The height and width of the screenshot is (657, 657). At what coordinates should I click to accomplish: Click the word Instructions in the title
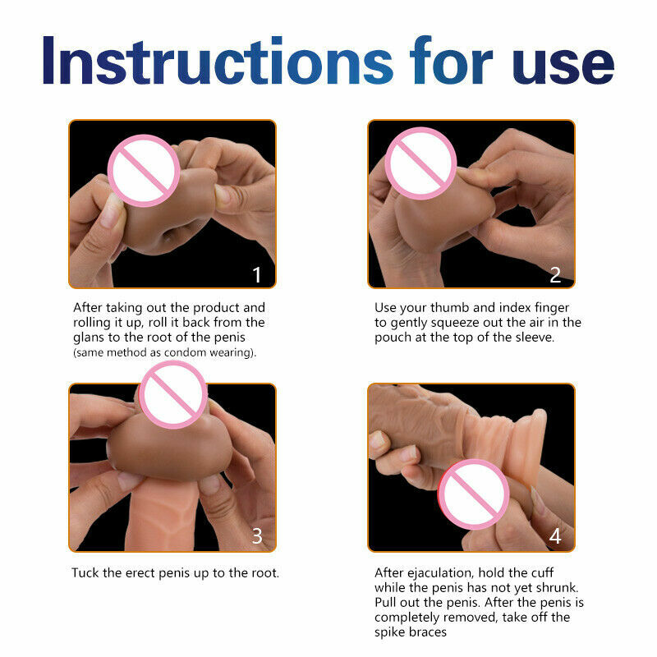tap(218, 61)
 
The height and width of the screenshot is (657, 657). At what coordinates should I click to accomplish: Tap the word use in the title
tap(563, 66)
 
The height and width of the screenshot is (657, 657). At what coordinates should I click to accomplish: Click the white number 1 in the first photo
tap(257, 275)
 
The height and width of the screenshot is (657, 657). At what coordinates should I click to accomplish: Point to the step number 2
tap(555, 275)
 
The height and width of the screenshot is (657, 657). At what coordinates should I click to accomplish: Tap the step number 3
tap(257, 536)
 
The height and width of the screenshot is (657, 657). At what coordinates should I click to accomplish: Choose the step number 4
tap(555, 536)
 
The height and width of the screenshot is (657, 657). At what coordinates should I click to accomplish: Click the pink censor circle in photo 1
tap(144, 171)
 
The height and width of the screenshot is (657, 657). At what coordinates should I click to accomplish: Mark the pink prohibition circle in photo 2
tap(420, 163)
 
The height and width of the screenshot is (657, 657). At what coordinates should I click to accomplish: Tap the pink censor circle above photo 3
tap(173, 394)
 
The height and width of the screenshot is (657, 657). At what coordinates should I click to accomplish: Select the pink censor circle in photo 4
tap(474, 494)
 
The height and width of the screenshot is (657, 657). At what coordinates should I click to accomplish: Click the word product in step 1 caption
tap(216, 308)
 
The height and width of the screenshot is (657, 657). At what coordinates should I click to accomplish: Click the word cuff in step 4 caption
tap(543, 572)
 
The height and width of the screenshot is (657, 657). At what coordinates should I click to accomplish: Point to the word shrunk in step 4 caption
tap(558, 587)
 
